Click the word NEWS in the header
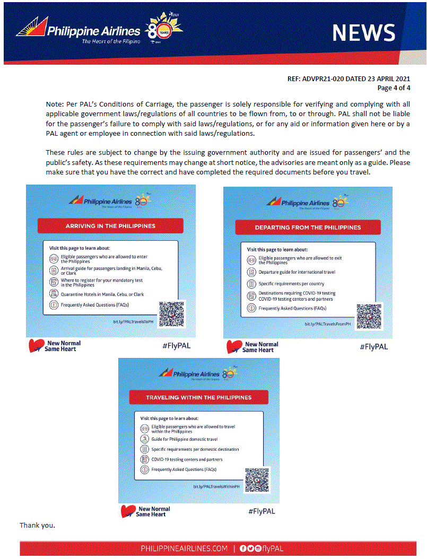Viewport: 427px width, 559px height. click(364, 33)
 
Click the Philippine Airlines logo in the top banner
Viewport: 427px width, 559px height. click(80, 32)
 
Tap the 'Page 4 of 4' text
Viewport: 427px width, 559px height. click(393, 88)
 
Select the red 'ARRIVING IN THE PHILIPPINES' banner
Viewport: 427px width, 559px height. click(110, 226)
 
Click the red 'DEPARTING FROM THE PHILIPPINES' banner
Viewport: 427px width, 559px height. click(308, 227)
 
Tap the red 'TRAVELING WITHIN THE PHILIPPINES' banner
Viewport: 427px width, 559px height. click(199, 397)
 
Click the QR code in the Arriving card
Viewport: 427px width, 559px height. click(171, 314)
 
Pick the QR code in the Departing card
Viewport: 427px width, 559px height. click(369, 317)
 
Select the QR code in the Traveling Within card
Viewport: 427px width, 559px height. click(257, 479)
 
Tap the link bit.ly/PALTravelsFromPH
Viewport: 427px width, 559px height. click(328, 324)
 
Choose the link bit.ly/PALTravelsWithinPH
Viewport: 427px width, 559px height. click(216, 486)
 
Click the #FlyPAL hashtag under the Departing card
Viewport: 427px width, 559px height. click(373, 347)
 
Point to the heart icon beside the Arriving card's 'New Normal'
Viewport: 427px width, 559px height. click(36, 346)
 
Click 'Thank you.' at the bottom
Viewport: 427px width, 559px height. click(38, 526)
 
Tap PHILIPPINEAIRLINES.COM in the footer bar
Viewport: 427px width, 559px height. click(184, 548)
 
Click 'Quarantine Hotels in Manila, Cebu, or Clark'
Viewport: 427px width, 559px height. click(102, 294)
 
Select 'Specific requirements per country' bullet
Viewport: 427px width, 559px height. click(291, 284)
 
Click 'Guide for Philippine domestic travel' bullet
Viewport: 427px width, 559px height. click(185, 439)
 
